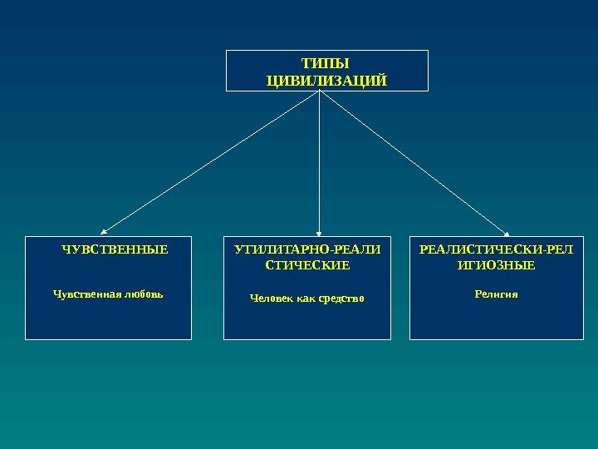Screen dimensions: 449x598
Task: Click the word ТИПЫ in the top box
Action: (x=326, y=63)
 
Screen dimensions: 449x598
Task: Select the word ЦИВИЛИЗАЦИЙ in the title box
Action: (x=326, y=80)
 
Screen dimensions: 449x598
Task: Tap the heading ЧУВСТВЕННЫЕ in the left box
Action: (x=115, y=249)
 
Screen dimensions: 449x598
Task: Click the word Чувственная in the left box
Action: (x=82, y=294)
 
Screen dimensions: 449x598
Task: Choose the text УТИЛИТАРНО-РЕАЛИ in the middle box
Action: (x=307, y=249)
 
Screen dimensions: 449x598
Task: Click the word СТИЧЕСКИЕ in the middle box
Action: (x=307, y=266)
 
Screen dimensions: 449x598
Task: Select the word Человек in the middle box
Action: (x=272, y=298)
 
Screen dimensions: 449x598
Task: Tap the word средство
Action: (x=341, y=298)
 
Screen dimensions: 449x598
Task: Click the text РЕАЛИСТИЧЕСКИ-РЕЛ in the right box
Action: (x=496, y=249)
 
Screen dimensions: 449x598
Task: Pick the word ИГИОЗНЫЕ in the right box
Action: (x=496, y=266)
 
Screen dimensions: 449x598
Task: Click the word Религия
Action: (x=496, y=294)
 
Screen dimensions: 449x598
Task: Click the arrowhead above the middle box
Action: (x=319, y=232)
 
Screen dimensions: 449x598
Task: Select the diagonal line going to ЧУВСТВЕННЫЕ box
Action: (x=212, y=161)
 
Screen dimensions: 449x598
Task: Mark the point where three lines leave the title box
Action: (x=319, y=91)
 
